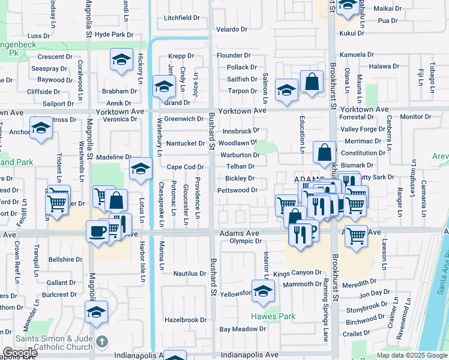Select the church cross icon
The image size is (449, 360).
tap(102, 342)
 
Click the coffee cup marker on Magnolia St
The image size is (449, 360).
tap(97, 232)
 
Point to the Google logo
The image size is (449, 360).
tap(20, 353)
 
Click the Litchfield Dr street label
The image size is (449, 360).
tap(181, 18)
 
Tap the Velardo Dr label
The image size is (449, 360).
tap(232, 29)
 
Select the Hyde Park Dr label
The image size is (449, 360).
tap(113, 35)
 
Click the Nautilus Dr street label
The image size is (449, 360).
tap(190, 274)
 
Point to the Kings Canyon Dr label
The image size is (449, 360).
tap(298, 274)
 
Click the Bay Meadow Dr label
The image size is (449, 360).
tap(243, 329)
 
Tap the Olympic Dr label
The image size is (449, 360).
tap(245, 241)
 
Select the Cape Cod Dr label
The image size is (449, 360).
tap(185, 167)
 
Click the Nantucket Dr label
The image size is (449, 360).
tap(185, 143)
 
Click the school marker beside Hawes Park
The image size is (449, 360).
tap(262, 292)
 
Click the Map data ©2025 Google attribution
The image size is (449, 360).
tap(411, 355)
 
